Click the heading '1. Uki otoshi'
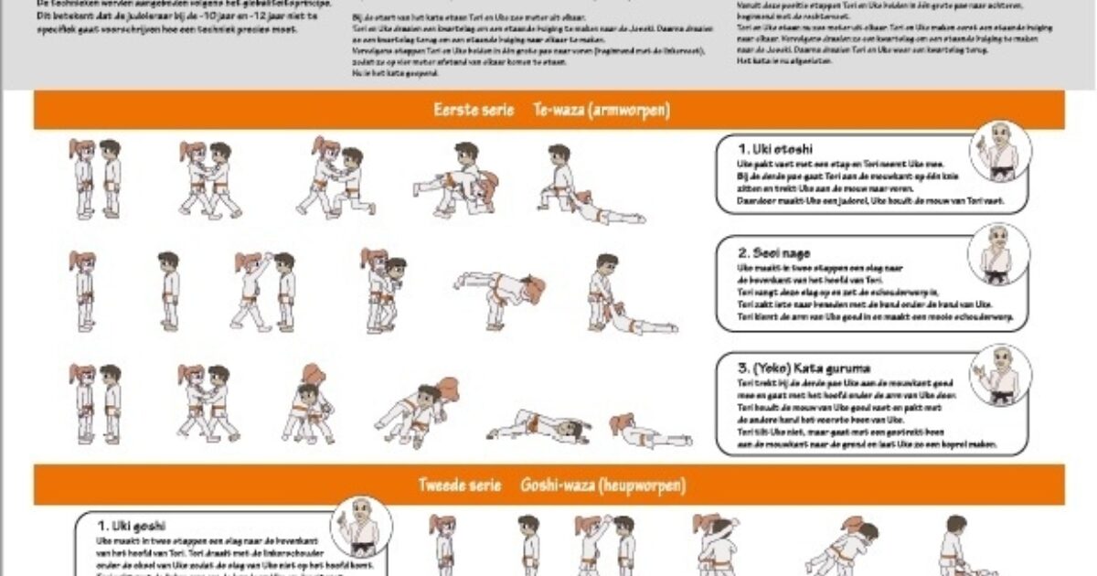(x=776, y=148)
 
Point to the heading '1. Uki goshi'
(x=132, y=526)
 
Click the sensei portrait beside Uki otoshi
(x=999, y=151)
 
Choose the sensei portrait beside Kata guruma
(x=999, y=375)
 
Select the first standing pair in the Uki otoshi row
(x=95, y=178)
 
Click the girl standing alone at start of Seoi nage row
(x=83, y=291)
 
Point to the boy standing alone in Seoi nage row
(x=168, y=291)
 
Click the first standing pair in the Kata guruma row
(x=95, y=402)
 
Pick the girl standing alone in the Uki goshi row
(x=443, y=544)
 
